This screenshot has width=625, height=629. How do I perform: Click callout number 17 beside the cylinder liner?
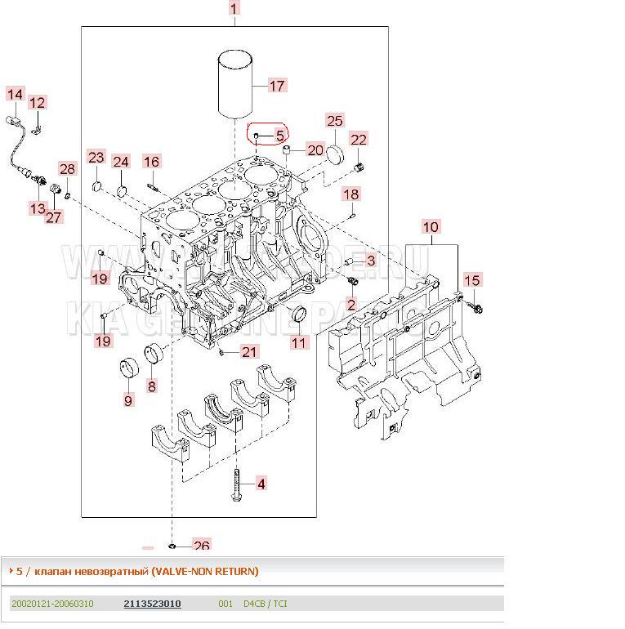click(x=277, y=85)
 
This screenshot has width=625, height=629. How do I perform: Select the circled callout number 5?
click(x=279, y=136)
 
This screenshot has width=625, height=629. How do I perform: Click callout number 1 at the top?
click(x=234, y=9)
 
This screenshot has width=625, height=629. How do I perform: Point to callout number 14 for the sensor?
click(x=15, y=95)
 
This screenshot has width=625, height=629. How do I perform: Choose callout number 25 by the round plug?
click(x=335, y=121)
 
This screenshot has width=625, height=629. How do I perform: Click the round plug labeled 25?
click(x=337, y=154)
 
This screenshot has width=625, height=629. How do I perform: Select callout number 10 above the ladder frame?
click(x=431, y=226)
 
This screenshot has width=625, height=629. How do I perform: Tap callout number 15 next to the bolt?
click(x=472, y=280)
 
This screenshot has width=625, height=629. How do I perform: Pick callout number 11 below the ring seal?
click(x=299, y=342)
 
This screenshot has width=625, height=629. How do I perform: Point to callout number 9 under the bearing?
click(x=128, y=399)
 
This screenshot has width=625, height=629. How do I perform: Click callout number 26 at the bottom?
click(x=201, y=546)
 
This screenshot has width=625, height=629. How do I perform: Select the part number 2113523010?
click(x=152, y=604)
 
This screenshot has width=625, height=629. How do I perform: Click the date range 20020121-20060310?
click(x=52, y=604)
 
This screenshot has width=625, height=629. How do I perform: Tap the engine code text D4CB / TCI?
click(x=265, y=604)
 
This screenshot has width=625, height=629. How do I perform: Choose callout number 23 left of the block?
click(x=96, y=157)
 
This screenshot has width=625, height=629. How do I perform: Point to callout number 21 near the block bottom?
click(x=248, y=352)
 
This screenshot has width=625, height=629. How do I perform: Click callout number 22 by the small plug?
click(x=359, y=140)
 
